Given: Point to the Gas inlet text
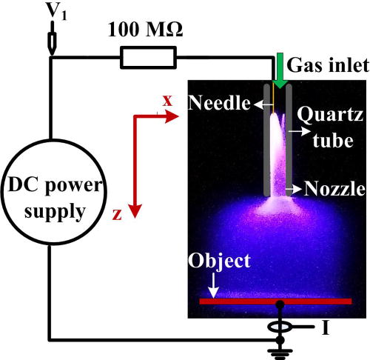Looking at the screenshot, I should tap(326, 65).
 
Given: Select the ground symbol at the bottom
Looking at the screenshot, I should tap(280, 347).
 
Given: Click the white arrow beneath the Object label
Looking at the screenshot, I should tap(214, 285).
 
